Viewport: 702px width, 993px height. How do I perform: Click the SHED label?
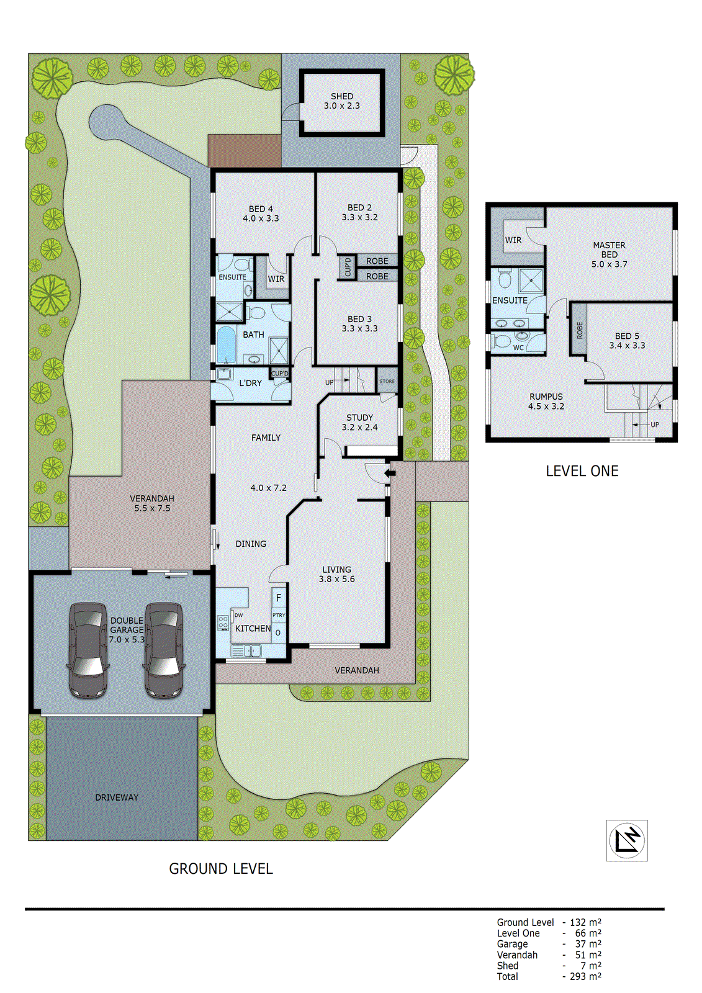pyautogui.click(x=341, y=96)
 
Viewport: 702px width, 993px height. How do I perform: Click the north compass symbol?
pyautogui.click(x=626, y=840)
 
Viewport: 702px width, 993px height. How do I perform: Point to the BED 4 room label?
pyautogui.click(x=261, y=209)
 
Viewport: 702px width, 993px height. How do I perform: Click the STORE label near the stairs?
pyautogui.click(x=387, y=381)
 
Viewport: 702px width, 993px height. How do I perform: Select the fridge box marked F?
pyautogui.click(x=279, y=598)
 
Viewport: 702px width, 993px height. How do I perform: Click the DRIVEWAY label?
pyautogui.click(x=117, y=798)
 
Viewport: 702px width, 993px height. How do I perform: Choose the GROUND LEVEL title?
pyautogui.click(x=221, y=869)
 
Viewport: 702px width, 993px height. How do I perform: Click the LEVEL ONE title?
pyautogui.click(x=582, y=471)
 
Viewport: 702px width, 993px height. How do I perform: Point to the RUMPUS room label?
pyautogui.click(x=546, y=397)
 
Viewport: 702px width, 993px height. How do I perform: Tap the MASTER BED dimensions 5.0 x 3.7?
pyautogui.click(x=609, y=264)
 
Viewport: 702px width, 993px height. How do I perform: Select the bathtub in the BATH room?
pyautogui.click(x=226, y=345)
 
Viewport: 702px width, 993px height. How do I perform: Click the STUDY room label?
pyautogui.click(x=359, y=418)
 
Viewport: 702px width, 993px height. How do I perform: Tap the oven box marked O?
pyautogui.click(x=278, y=633)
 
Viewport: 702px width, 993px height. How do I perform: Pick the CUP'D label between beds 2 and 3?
pyautogui.click(x=348, y=267)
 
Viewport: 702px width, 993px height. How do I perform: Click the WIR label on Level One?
pyautogui.click(x=513, y=240)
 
